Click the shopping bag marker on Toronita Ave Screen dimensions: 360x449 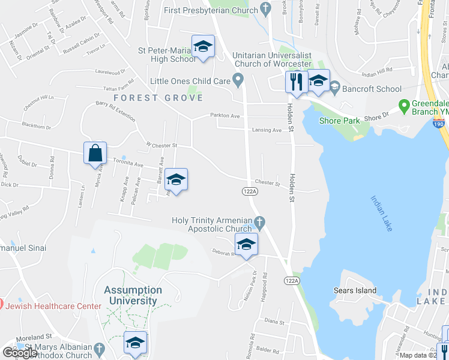point(96,154)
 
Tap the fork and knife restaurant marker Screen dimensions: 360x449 point(295,82)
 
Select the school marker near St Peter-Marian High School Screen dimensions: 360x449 point(203,47)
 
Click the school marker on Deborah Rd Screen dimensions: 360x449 point(246,245)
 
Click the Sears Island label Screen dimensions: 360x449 point(355,291)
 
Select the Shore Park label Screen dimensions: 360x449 point(340,121)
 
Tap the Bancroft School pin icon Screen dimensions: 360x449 point(334,89)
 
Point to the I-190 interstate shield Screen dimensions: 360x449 point(438,122)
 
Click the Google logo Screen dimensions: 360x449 point(20,353)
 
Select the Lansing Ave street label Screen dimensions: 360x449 point(267,130)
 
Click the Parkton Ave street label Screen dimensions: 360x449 point(225,116)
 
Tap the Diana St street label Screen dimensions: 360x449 point(274,322)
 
